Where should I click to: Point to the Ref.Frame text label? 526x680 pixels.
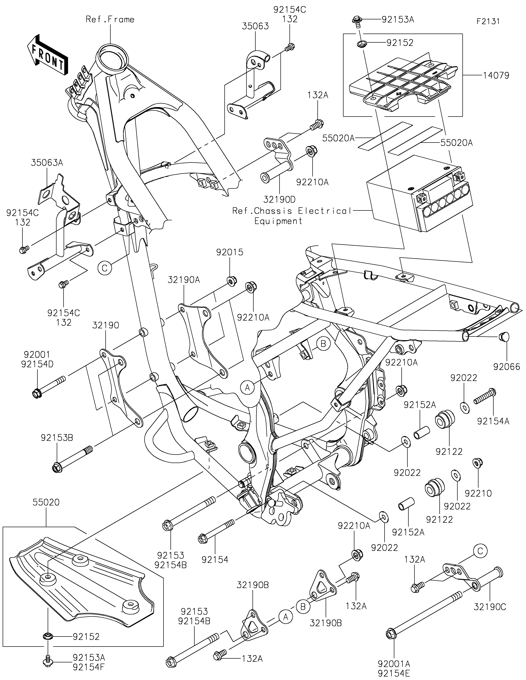click(x=110, y=19)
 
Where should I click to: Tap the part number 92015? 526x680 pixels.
click(x=230, y=252)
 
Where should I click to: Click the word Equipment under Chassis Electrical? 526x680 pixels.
click(x=278, y=221)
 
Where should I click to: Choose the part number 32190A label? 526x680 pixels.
click(x=184, y=280)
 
